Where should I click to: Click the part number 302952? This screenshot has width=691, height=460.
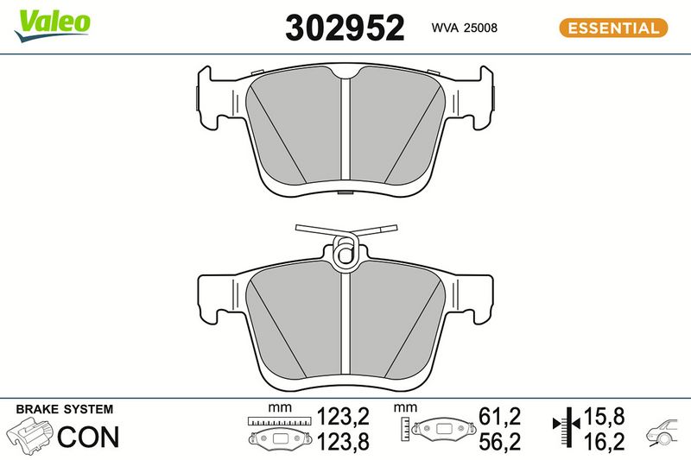(x=345, y=28)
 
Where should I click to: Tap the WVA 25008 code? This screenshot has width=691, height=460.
(x=464, y=28)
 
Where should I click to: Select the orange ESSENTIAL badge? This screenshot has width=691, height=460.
(x=613, y=28)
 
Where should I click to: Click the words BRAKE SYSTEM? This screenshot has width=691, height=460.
(x=64, y=409)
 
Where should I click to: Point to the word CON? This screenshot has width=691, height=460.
(x=88, y=437)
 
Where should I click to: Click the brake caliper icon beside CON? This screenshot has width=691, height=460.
(x=29, y=436)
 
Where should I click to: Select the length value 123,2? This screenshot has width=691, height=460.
(x=343, y=417)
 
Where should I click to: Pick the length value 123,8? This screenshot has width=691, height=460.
(x=343, y=442)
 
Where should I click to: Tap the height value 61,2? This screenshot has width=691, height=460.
(x=500, y=417)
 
